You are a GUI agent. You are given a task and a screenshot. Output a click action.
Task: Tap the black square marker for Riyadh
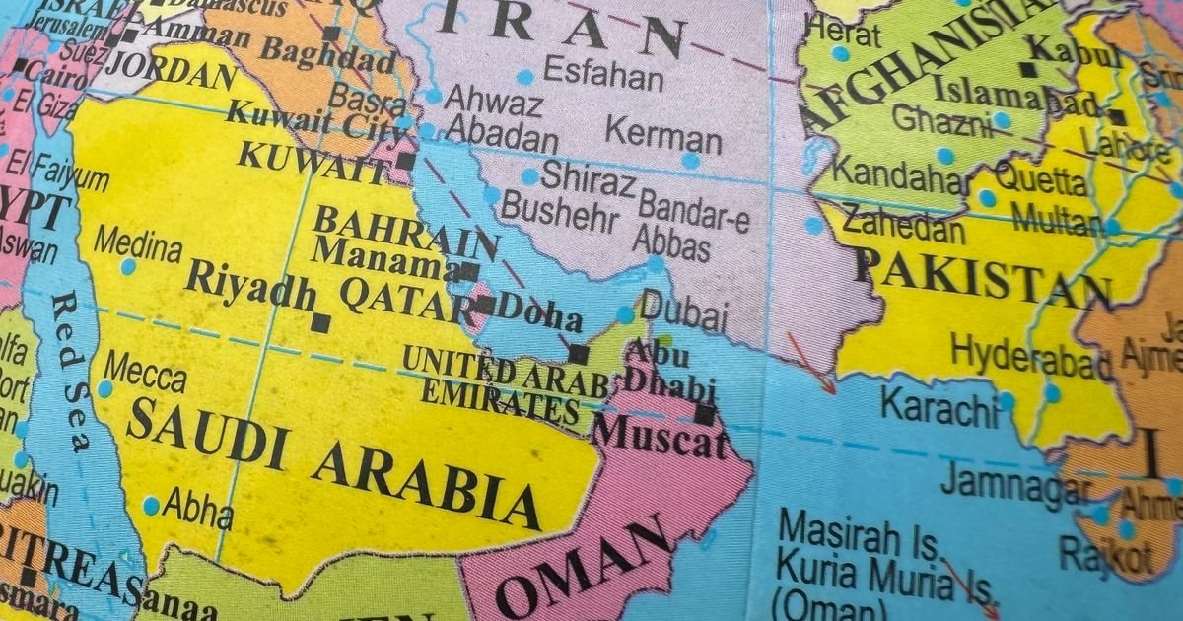(x=319, y=321)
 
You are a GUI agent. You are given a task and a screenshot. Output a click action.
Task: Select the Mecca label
(x=145, y=376)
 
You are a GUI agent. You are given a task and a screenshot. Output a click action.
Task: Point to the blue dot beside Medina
(x=128, y=266)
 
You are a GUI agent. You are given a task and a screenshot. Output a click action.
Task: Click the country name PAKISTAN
(x=982, y=279)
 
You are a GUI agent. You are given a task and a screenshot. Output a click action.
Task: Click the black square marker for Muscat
(x=704, y=414)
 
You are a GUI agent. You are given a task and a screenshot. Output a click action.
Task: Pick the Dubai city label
(x=686, y=313)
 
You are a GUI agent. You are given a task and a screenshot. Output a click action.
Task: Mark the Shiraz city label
(x=588, y=179)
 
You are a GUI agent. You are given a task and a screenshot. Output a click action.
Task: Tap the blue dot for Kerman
(x=690, y=160)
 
